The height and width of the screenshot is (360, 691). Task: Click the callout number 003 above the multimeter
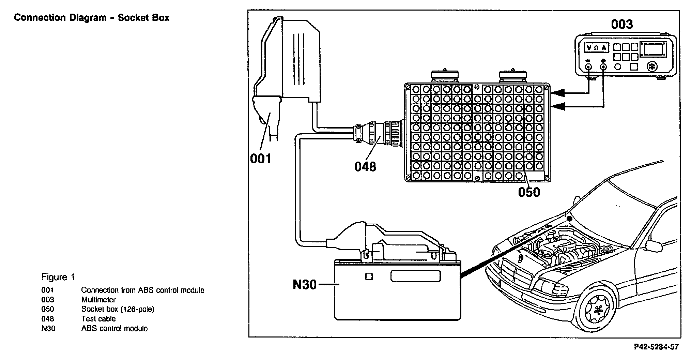622,24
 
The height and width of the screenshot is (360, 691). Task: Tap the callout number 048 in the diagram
365,166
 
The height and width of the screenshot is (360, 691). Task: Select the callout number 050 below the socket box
529,192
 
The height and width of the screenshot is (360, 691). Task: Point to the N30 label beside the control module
305,284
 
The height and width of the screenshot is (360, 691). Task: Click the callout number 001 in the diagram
261,159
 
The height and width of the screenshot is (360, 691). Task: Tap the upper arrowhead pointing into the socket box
557,93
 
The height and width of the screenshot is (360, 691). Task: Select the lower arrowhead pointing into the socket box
557,107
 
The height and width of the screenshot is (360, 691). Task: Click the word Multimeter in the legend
98,300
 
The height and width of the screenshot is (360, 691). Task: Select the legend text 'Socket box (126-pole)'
118,309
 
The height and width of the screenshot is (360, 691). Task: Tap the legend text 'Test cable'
98,319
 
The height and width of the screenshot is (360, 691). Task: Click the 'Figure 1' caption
58,277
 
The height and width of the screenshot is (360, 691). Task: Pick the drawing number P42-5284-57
656,347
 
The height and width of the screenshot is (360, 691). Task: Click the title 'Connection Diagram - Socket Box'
92,18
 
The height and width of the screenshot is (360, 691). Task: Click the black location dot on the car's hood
569,219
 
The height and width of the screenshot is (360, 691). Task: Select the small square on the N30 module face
369,276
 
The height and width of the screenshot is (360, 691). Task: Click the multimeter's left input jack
588,67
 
